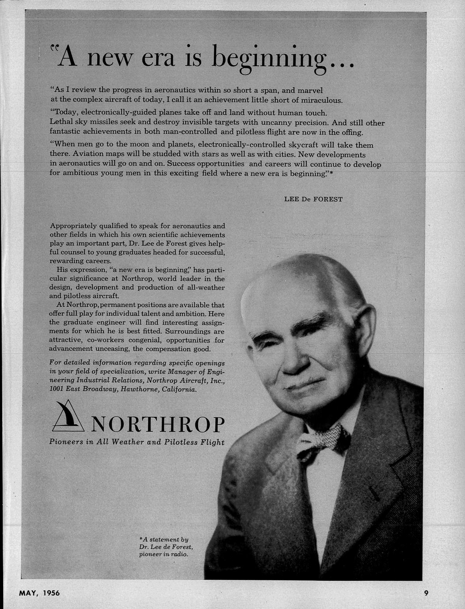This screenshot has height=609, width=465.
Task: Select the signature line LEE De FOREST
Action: (313, 199)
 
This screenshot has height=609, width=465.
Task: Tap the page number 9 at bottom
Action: (426, 593)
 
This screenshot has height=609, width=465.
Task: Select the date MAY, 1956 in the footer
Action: (39, 593)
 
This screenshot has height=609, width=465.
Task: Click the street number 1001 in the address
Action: (56, 390)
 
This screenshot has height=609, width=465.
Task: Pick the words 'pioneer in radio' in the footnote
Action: (164, 554)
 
